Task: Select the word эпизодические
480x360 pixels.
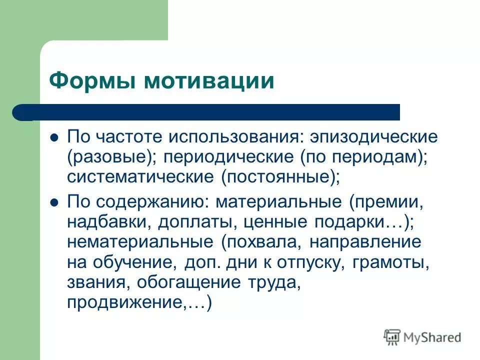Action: click(373, 136)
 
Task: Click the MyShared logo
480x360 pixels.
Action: click(422, 337)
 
